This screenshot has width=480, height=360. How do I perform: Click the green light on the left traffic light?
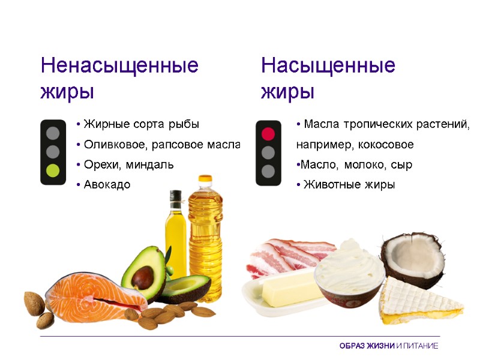(53, 170)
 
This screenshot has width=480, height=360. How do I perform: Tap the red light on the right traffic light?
(268, 133)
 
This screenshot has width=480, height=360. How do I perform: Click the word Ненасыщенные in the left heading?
(119, 65)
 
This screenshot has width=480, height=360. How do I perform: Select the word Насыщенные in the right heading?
(328, 65)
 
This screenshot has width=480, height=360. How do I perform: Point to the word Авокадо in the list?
(107, 185)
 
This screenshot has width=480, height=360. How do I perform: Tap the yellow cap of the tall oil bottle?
(205, 180)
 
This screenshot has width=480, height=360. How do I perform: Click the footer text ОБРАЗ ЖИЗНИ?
(367, 346)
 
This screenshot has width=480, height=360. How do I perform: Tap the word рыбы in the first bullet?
(185, 124)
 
